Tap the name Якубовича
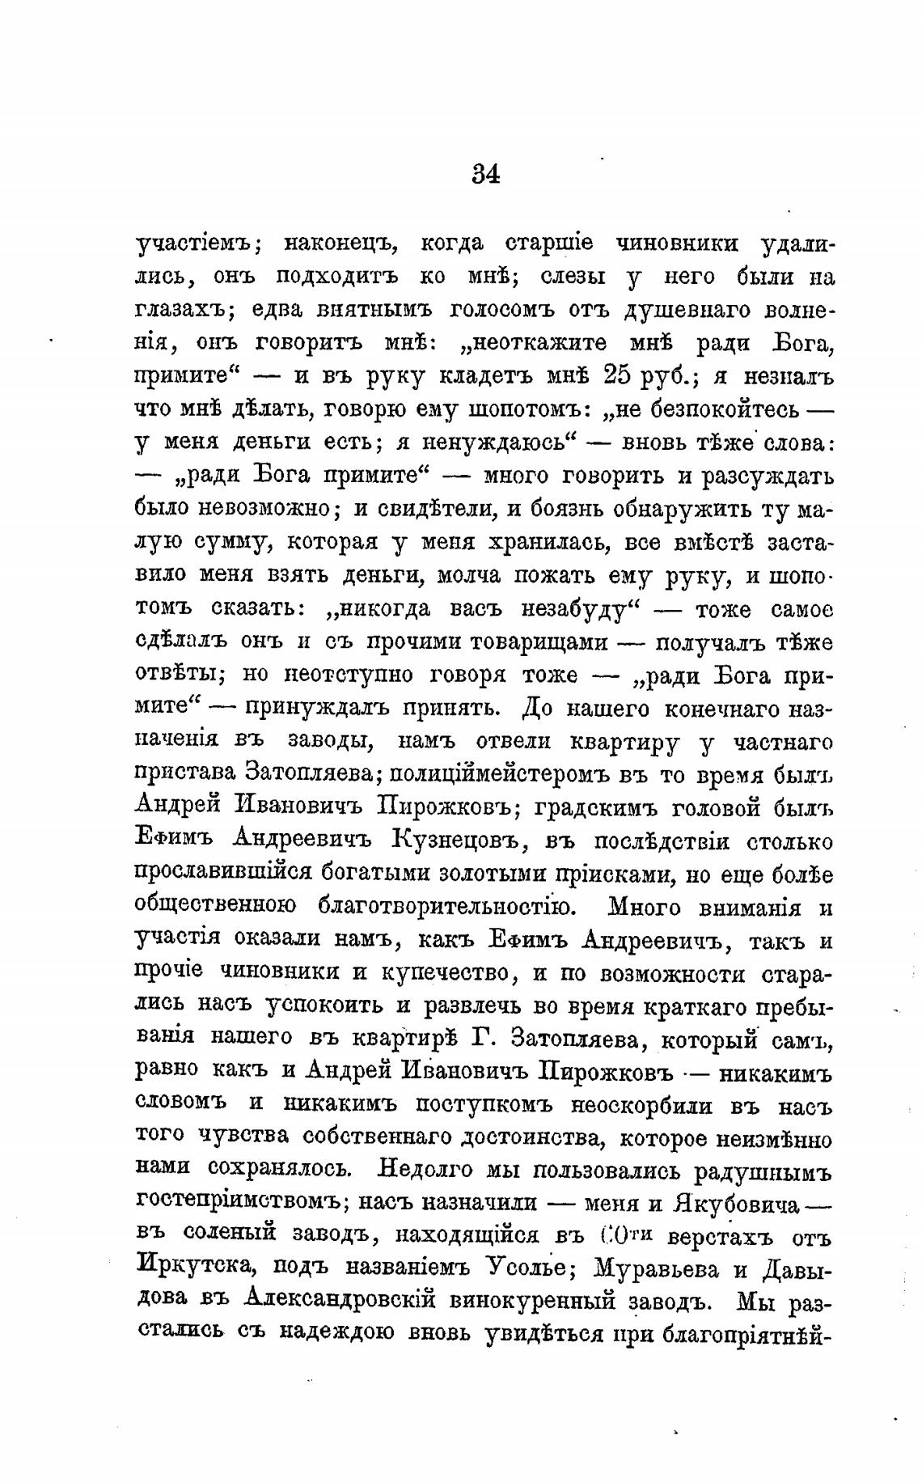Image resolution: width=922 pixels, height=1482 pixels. click(x=736, y=1204)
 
